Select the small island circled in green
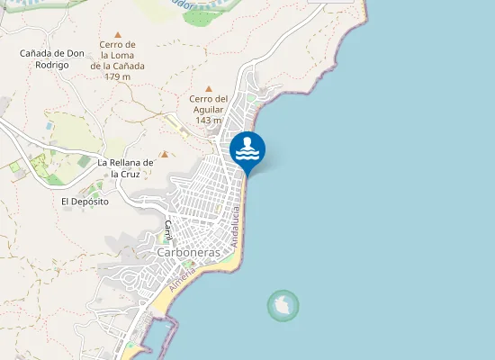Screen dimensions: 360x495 point(283,306)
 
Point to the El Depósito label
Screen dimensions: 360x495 point(85,202)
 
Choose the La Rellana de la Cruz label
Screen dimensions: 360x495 point(126,167)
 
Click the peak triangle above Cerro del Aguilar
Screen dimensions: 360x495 point(209,88)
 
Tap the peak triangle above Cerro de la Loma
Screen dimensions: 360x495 point(117,34)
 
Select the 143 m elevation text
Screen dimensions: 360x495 point(208,120)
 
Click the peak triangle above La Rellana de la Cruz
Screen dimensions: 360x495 point(164,154)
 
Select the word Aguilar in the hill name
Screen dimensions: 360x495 point(208,109)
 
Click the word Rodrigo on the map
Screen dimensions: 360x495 point(52,65)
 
